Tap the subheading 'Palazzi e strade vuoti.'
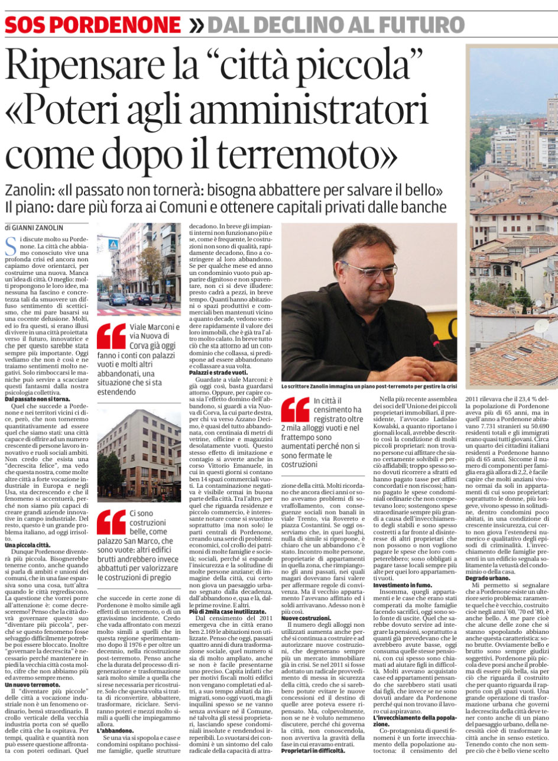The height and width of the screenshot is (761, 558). [x=218, y=373]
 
